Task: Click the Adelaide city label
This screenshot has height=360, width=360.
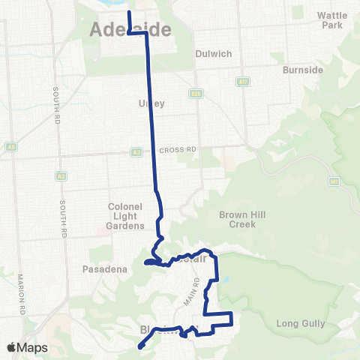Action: [x=130, y=30]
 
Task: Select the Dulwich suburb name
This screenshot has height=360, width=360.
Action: [x=210, y=54]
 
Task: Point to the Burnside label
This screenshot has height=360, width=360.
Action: [x=302, y=70]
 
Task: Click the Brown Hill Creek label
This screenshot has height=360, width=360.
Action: [x=238, y=219]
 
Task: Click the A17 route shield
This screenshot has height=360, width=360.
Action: [x=244, y=80]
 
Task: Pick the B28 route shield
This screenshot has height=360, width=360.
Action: [x=196, y=94]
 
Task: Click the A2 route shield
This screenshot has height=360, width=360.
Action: [x=61, y=176]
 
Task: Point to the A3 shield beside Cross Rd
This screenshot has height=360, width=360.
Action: [x=136, y=151]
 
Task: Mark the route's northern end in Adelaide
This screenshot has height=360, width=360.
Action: [x=129, y=13]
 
